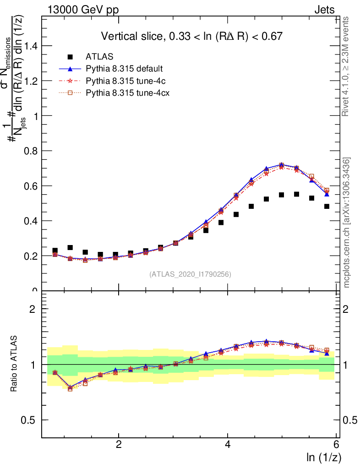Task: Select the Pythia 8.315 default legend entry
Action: [124, 69]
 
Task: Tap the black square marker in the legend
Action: [70, 57]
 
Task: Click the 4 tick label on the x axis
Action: [228, 444]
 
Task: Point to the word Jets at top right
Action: [324, 10]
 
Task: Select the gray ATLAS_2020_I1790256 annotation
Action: [190, 274]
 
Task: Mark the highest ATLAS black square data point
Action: [296, 194]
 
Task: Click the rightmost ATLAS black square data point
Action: [327, 206]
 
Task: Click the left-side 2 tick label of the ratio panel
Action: [33, 309]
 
